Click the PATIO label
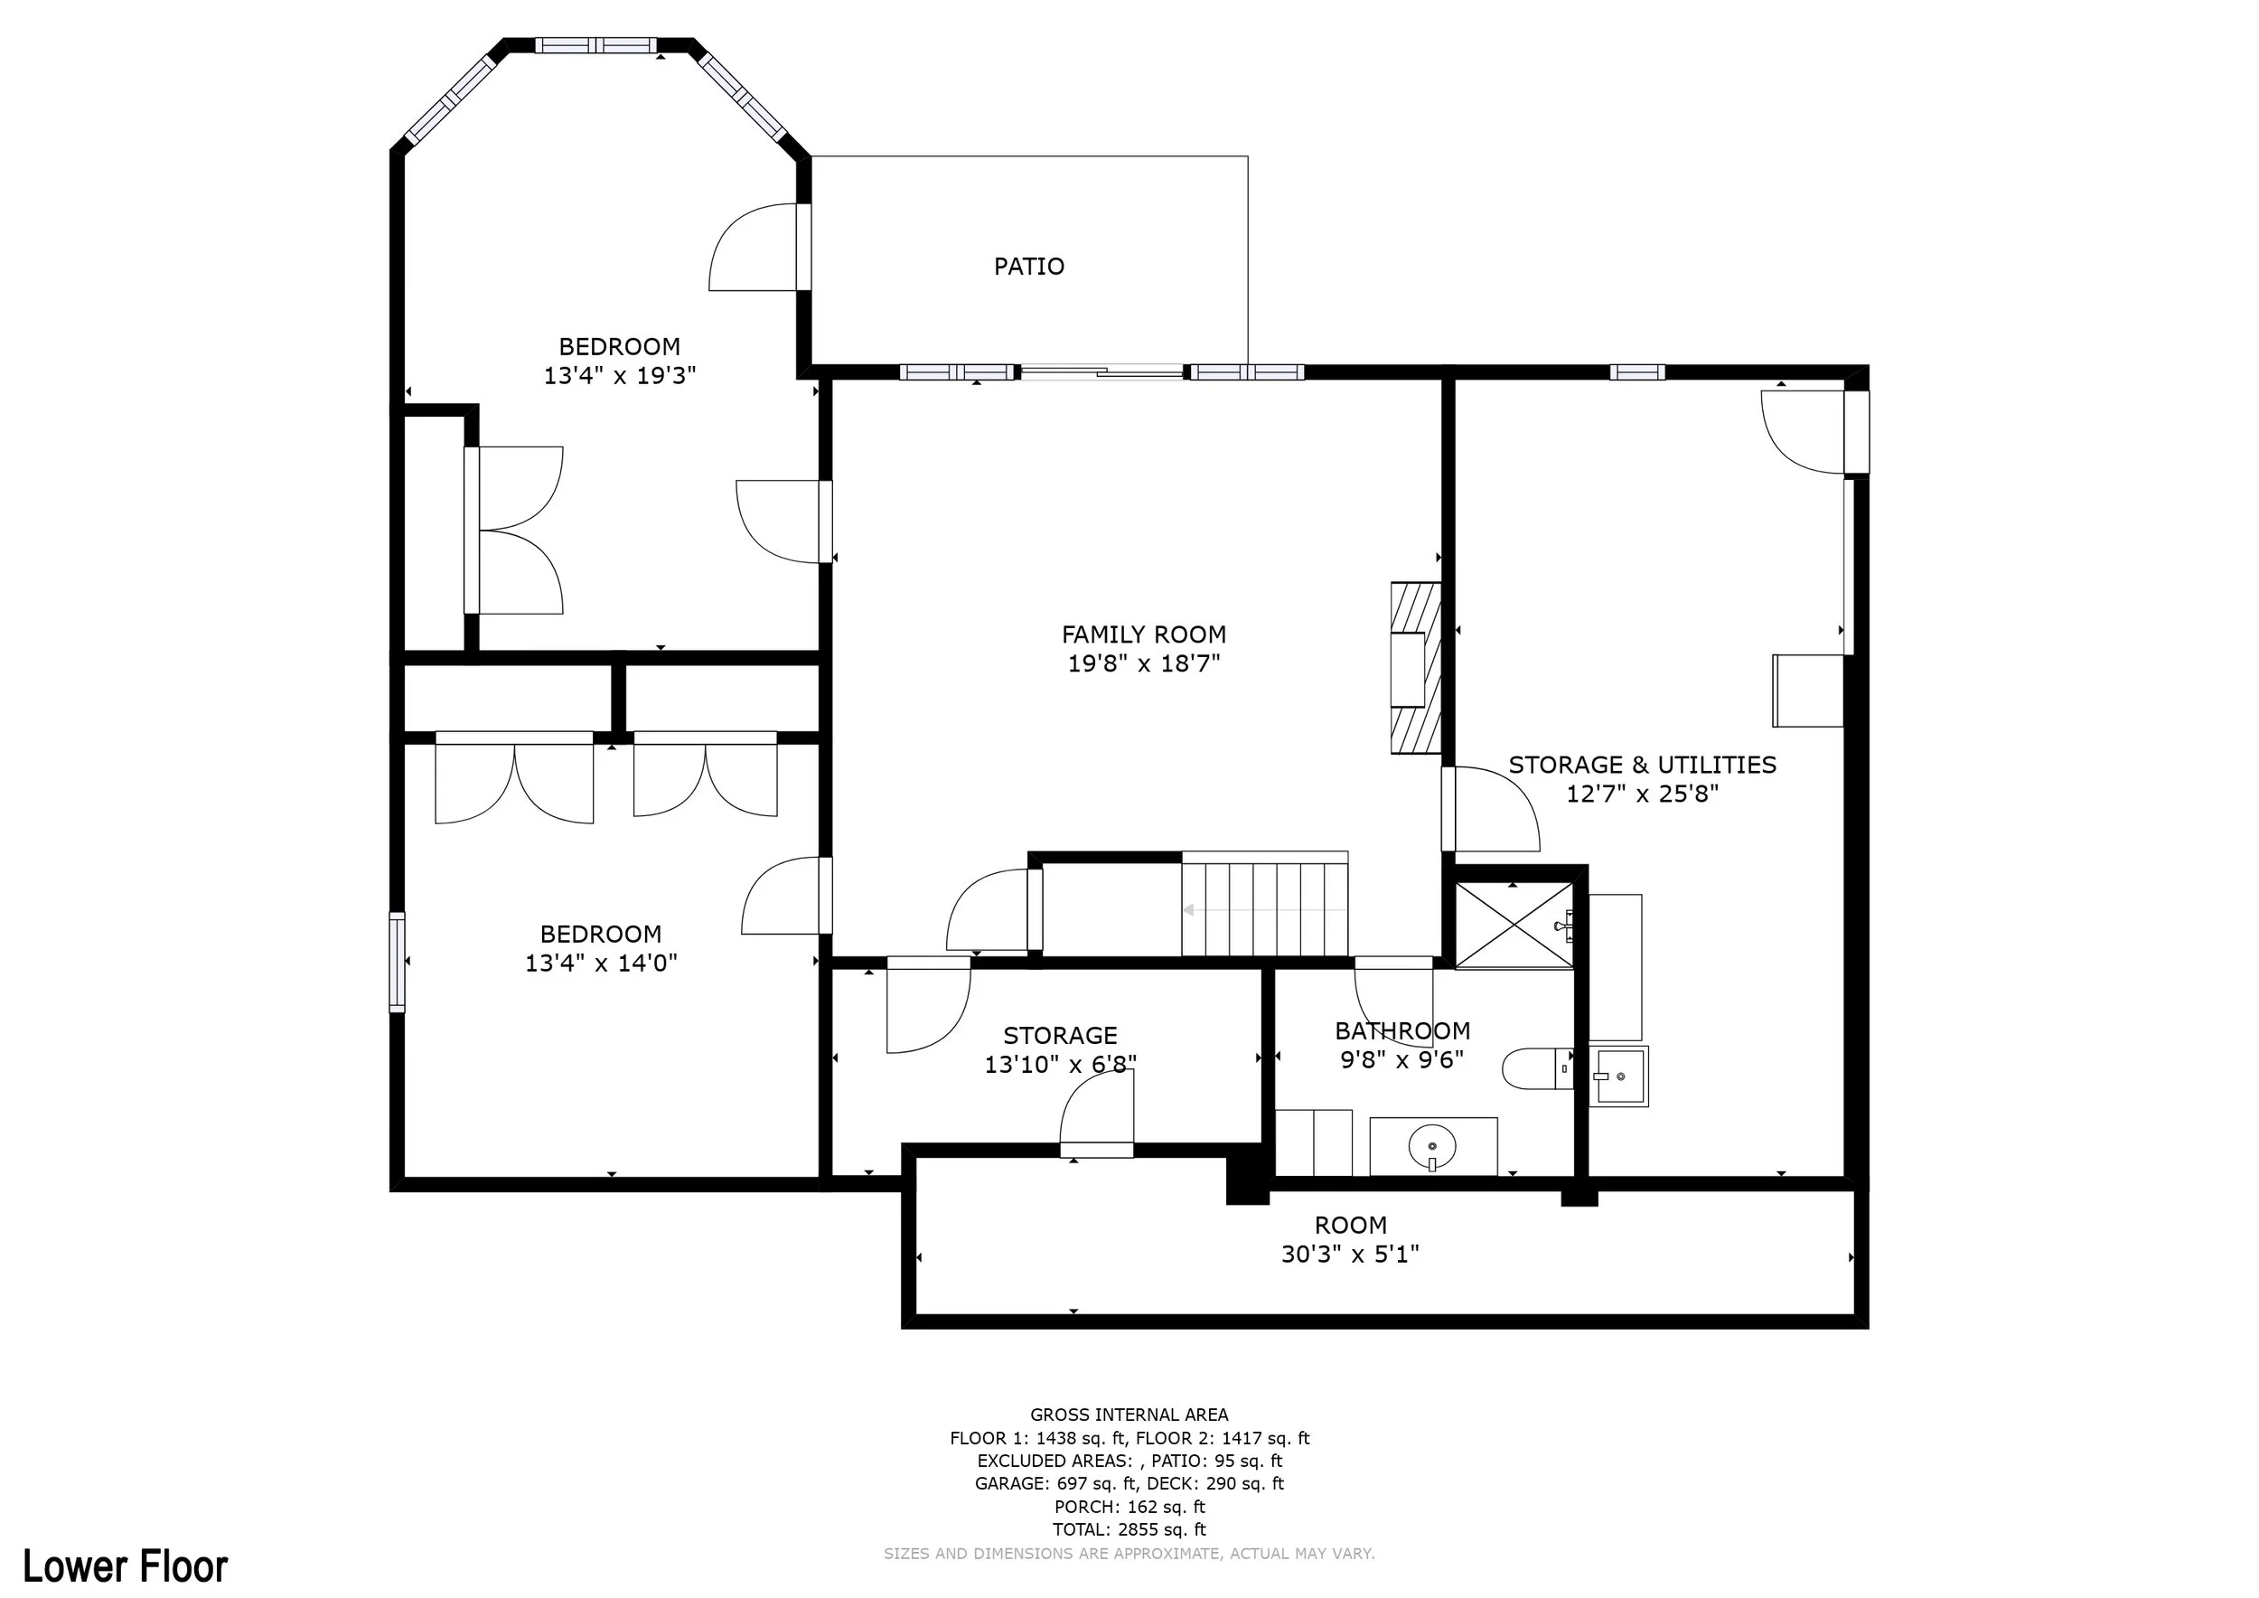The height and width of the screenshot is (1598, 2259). [x=1029, y=267]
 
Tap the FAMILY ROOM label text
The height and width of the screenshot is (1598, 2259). [x=1144, y=634]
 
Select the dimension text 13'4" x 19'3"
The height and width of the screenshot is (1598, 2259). [x=620, y=375]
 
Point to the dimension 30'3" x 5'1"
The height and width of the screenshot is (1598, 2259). [x=1350, y=1254]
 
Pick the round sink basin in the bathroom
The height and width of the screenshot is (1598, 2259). [x=1432, y=1146]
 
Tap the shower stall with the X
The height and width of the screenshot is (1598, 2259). [x=1514, y=925]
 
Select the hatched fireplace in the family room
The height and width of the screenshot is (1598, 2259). [x=1416, y=668]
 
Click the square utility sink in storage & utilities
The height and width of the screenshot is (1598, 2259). [x=1618, y=1076]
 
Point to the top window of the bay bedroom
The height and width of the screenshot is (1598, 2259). [x=596, y=45]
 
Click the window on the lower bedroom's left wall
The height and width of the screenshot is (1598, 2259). [x=398, y=963]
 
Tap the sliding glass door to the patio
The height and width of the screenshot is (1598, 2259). [x=1102, y=372]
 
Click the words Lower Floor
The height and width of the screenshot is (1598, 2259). [x=125, y=1565]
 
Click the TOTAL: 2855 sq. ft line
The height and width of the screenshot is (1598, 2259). [x=1129, y=1529]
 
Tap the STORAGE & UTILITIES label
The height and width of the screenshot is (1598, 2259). [x=1642, y=765]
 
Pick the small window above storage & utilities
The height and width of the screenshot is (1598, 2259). [x=1637, y=372]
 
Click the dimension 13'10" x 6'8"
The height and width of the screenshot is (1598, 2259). [x=1061, y=1064]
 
